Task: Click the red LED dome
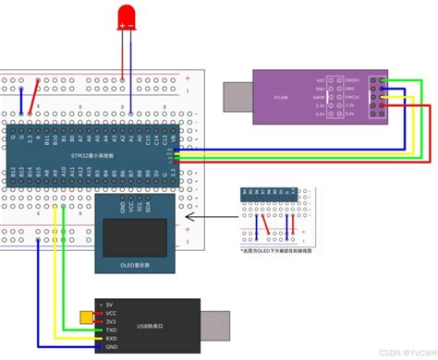pos(127,16)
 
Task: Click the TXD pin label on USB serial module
pos(111,328)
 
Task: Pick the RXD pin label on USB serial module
pos(111,337)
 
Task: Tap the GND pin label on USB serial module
pos(111,346)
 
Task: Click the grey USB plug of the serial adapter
pos(215,325)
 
